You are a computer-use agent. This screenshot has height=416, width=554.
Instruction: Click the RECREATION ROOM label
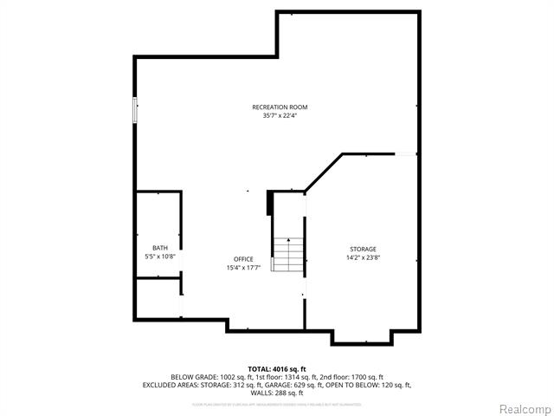coord(280,107)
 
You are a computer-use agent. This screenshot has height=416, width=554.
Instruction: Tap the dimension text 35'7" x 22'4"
coord(280,115)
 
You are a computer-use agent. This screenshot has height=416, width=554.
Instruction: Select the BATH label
coord(160,248)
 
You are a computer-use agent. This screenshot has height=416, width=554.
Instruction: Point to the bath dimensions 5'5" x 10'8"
coord(160,257)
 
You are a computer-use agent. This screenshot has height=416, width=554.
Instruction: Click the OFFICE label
coord(243,259)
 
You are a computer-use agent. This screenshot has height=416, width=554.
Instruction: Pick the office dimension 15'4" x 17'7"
coord(243,268)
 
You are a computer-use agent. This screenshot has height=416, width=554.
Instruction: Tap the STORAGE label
coord(364,249)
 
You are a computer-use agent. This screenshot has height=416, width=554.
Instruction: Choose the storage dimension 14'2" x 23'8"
coord(364,257)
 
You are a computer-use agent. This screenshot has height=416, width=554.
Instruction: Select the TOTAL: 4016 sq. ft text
coord(278,369)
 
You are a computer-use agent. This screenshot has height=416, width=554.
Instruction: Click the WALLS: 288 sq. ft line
coord(278,393)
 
